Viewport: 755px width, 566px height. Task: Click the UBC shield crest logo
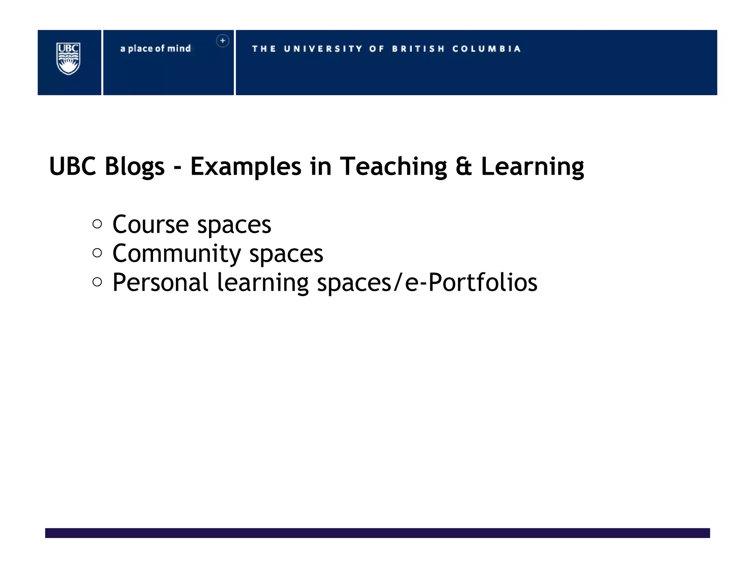click(x=68, y=59)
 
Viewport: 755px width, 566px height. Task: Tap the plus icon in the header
click(x=223, y=41)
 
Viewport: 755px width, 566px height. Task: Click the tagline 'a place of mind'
click(x=155, y=49)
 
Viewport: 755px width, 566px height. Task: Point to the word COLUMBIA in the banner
click(x=486, y=49)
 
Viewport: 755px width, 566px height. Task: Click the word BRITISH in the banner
click(x=418, y=49)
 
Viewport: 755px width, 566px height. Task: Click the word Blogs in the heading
click(x=135, y=167)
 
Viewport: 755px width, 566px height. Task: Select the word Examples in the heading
click(x=246, y=167)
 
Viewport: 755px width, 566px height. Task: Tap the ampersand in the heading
click(x=464, y=167)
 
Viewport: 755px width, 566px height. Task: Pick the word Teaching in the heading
click(x=393, y=167)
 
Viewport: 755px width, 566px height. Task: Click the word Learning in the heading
click(x=532, y=167)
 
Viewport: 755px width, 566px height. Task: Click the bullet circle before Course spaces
click(x=97, y=224)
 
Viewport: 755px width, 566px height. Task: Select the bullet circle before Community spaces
click(x=97, y=253)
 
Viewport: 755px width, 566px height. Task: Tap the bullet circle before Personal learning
click(x=97, y=282)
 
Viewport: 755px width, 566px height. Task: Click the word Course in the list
click(x=150, y=224)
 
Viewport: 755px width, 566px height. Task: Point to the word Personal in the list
click(x=160, y=282)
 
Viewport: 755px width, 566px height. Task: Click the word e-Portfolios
click(x=471, y=282)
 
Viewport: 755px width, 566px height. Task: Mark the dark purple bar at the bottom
click(x=377, y=533)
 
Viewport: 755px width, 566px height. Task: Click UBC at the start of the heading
click(x=73, y=167)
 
